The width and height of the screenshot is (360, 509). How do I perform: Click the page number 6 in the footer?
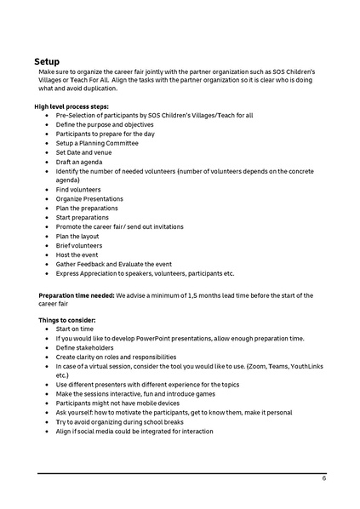pyautogui.click(x=323, y=478)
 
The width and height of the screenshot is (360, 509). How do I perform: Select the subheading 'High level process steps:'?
pyautogui.click(x=71, y=106)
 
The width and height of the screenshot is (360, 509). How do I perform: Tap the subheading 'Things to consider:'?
pyautogui.click(x=66, y=319)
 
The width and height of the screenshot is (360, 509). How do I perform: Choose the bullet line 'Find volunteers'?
pyautogui.click(x=78, y=189)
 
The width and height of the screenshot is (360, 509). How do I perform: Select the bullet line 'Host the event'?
pyautogui.click(x=77, y=254)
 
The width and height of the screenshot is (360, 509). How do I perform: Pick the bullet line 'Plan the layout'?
pyautogui.click(x=79, y=236)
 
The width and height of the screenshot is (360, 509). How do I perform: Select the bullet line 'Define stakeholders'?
pyautogui.click(x=88, y=347)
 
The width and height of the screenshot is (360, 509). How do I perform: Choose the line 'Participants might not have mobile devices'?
pyautogui.click(x=120, y=403)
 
